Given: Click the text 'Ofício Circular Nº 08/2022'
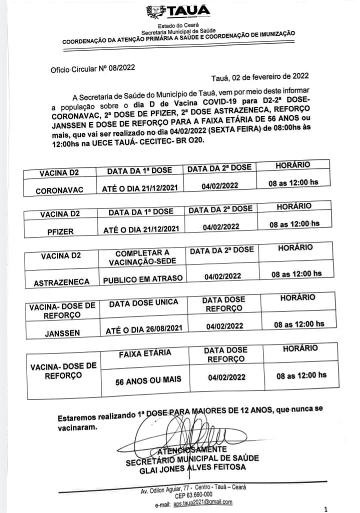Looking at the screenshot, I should [x=92, y=69].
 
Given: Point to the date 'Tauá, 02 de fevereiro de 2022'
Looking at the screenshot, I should [x=260, y=76].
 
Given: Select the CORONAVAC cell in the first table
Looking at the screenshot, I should [x=59, y=190].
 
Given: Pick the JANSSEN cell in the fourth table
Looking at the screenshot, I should [x=62, y=330].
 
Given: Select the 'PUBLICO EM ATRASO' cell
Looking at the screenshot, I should [x=143, y=278].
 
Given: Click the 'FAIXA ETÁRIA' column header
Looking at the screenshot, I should [x=145, y=353].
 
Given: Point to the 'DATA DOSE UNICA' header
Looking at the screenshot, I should [x=141, y=303].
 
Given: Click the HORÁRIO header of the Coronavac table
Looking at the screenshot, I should [x=293, y=164].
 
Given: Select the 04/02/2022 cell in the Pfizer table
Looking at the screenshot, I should [x=221, y=226].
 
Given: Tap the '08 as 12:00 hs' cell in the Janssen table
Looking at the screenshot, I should [x=299, y=324].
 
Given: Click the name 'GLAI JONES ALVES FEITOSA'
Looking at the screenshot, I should [x=192, y=467].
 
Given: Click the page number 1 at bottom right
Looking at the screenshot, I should [x=325, y=508].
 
